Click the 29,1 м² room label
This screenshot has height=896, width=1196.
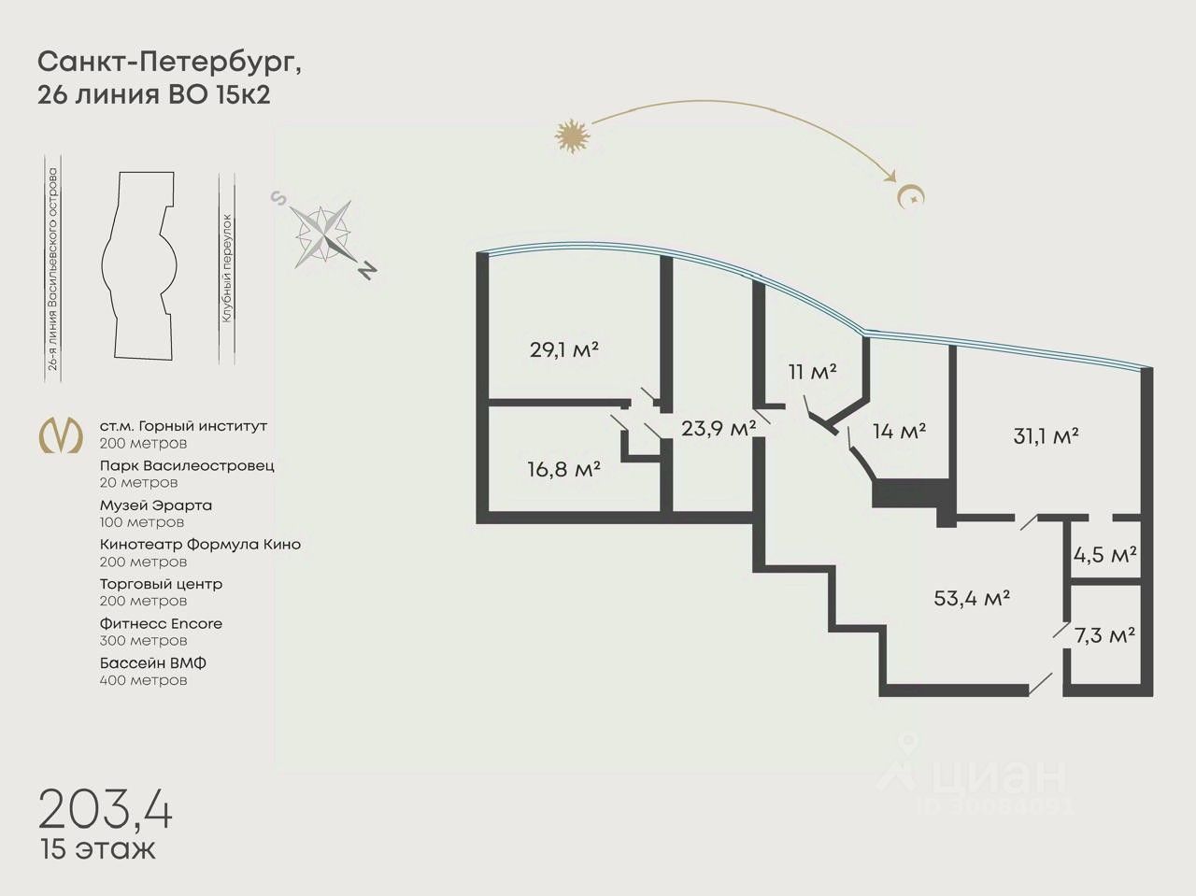click(x=563, y=350)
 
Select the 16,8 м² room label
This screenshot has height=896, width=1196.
click(x=563, y=469)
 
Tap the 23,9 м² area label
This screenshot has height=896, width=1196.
click(x=719, y=429)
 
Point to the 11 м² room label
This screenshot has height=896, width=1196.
click(x=812, y=371)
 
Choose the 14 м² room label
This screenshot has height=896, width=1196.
click(x=899, y=431)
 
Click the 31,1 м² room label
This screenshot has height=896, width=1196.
click(x=1046, y=435)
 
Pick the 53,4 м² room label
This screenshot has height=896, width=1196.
click(x=972, y=598)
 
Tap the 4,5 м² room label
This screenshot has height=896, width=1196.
click(x=1104, y=554)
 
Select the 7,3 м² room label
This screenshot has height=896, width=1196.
click(x=1104, y=635)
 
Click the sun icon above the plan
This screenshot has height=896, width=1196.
click(x=573, y=136)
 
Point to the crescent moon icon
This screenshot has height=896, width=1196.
click(x=909, y=195)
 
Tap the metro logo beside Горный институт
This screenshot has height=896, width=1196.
click(x=59, y=434)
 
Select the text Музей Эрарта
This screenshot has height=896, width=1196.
click(x=156, y=505)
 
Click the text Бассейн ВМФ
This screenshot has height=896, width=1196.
click(x=153, y=663)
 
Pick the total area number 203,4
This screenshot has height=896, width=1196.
click(x=106, y=808)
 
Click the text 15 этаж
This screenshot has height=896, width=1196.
click(x=97, y=850)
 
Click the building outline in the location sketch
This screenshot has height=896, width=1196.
click(x=141, y=265)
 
